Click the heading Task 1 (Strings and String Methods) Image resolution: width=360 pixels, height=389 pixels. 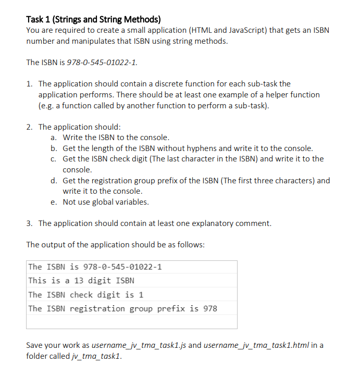93,20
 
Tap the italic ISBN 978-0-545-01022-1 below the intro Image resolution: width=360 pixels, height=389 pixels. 102,62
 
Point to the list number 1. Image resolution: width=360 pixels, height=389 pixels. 29,84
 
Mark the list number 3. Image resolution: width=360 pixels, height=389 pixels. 29,223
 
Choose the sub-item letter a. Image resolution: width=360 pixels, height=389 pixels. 54,137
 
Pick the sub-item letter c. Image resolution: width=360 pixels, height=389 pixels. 54,159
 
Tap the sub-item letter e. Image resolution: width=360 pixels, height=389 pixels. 54,202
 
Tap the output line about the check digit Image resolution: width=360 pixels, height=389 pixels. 86,295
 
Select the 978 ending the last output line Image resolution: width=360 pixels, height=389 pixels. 210,309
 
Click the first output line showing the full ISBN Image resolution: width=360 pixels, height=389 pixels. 95,267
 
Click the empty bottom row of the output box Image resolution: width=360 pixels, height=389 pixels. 132,322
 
